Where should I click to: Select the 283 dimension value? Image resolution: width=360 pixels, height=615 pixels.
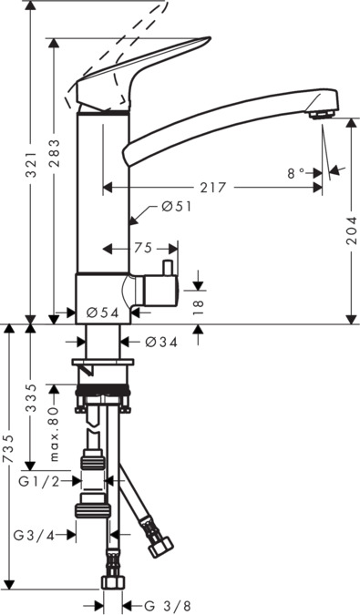pos(55,153)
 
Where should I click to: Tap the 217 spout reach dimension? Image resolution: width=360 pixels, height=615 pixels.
pos(213,188)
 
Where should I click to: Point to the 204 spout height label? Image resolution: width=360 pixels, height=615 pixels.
pos(352,231)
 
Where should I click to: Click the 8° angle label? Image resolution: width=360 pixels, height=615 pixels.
pos(296,173)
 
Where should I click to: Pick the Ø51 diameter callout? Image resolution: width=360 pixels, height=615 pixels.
pos(177,206)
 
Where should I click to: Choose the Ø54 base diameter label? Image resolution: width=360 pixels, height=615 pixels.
pos(102,313)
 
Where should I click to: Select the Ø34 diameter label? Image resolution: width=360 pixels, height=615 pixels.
pos(161,343)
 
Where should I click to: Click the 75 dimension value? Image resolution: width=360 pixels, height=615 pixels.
pos(143,248)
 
